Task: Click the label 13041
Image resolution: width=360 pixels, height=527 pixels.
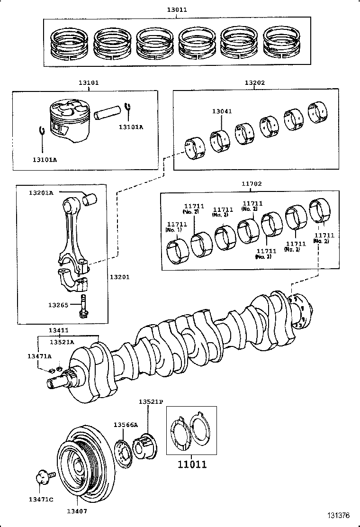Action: (x=222, y=111)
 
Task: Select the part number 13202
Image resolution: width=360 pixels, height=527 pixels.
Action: (x=254, y=82)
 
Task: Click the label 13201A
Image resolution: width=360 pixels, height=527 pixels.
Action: (x=41, y=192)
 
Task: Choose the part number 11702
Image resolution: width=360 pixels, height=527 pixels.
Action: (x=251, y=183)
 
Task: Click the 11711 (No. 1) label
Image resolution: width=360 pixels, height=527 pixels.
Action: (x=176, y=227)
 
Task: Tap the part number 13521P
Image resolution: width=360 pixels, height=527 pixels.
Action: (x=151, y=401)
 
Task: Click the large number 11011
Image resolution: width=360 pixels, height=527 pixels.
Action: (x=192, y=464)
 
